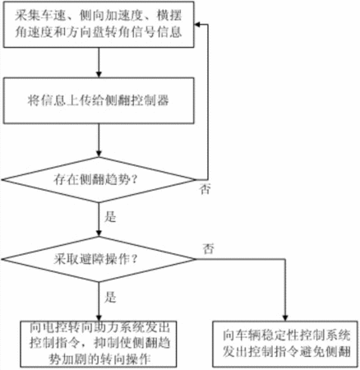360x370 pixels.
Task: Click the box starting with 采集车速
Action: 99,25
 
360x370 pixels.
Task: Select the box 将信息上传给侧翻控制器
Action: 99,100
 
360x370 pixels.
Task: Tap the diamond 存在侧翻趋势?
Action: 99,180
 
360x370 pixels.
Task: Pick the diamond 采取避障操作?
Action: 99,259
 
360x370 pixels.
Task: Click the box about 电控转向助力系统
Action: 99,344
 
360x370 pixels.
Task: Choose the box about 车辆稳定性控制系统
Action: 285,344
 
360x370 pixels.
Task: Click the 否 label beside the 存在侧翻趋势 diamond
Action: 205,189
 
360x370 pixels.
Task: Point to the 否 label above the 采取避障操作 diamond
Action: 208,248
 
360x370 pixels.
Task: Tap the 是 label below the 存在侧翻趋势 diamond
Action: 110,216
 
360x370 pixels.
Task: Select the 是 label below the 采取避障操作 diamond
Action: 110,297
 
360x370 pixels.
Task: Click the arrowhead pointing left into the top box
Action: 198,25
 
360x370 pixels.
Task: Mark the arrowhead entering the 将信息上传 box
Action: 99,74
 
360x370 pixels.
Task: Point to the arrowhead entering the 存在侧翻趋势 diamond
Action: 99,154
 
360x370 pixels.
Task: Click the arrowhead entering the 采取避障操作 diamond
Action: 99,233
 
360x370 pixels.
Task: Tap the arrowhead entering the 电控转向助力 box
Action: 99,317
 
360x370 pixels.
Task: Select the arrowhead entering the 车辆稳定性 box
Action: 285,317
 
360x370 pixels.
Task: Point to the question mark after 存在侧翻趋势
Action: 134,180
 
